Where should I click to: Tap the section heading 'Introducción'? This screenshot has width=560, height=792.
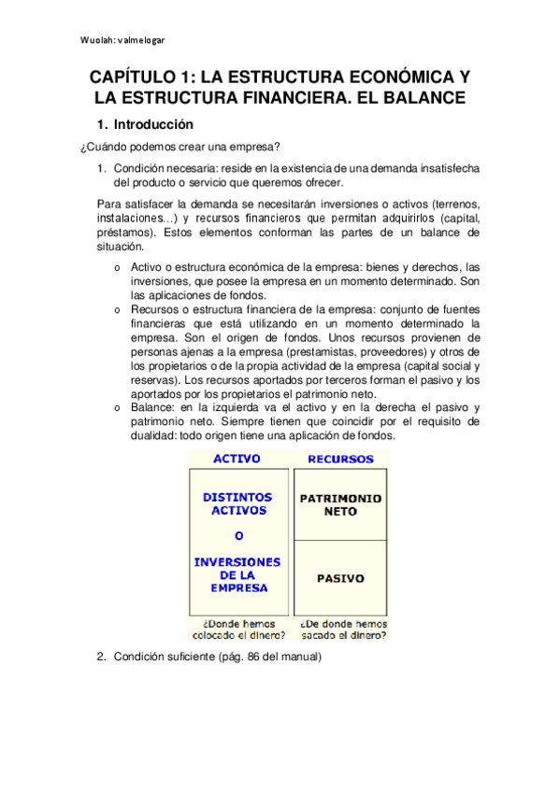click(153, 124)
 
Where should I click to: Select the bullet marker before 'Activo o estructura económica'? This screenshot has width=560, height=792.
click(117, 268)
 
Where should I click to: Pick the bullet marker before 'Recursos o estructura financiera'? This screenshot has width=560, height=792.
click(117, 310)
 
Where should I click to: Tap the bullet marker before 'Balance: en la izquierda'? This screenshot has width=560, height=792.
click(117, 408)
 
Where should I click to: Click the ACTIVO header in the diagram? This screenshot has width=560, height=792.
click(237, 460)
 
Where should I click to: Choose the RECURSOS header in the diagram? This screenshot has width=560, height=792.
click(340, 460)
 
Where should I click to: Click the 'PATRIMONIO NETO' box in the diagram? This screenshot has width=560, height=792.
click(340, 505)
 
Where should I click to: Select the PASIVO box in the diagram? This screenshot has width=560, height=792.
click(340, 578)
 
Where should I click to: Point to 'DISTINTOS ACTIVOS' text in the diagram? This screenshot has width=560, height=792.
click(237, 504)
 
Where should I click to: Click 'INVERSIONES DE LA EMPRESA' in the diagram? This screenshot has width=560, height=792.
click(237, 575)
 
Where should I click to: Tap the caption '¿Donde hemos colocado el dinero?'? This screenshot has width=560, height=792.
click(237, 629)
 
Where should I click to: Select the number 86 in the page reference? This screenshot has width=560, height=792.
click(253, 658)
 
